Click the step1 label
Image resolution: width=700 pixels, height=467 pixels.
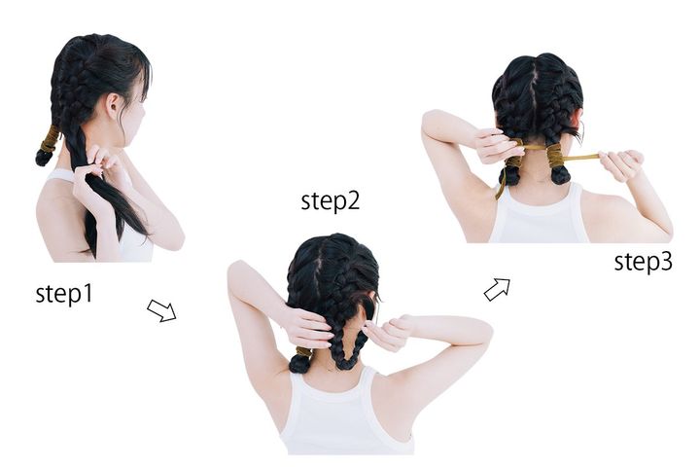64,295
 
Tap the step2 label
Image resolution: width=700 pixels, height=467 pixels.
330,201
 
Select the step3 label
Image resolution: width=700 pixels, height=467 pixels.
643,262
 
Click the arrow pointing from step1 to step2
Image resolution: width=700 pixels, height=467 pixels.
161,310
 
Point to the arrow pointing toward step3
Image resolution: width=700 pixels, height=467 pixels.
497,290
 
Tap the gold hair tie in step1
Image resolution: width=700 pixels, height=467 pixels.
50,139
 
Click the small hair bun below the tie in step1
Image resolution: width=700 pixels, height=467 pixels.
44,158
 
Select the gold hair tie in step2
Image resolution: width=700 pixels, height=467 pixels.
304,352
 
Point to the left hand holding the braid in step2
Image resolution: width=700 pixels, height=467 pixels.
307,330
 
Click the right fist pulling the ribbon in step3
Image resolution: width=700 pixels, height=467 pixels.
621,164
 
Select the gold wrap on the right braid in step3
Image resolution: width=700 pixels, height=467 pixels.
556,155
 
